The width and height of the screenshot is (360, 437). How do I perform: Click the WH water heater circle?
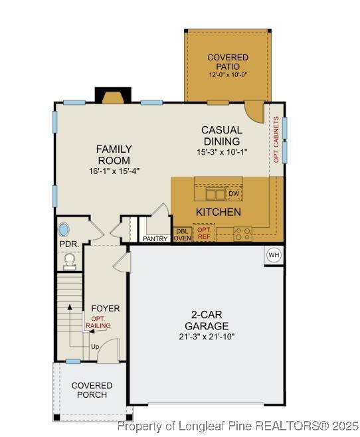click(x=274, y=255)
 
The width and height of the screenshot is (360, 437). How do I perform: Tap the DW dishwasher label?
click(x=234, y=193)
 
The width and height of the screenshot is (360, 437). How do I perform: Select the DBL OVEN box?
click(x=183, y=234)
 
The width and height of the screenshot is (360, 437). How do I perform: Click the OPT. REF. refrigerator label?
click(x=204, y=233)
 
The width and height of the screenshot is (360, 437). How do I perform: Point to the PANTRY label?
click(x=155, y=239)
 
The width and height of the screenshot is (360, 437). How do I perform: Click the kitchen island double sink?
click(x=215, y=194)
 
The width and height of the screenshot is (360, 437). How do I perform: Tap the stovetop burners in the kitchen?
click(x=242, y=234)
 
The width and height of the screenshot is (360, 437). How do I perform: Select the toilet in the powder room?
click(x=69, y=262)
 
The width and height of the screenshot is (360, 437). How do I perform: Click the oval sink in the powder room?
click(x=64, y=230)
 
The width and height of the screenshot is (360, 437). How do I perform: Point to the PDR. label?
click(x=69, y=244)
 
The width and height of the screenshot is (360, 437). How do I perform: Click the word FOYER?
click(x=106, y=309)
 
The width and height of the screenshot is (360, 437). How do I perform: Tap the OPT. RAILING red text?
click(x=98, y=322)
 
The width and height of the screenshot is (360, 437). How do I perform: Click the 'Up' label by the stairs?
click(x=95, y=347)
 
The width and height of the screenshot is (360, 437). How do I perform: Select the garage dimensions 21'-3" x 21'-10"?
click(x=207, y=337)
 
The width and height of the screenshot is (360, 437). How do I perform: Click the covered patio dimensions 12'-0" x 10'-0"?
click(x=228, y=74)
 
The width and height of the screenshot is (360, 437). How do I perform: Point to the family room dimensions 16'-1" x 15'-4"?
click(x=114, y=171)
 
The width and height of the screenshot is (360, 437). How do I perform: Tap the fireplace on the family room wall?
click(x=113, y=96)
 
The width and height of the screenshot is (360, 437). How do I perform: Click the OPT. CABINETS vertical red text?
click(x=276, y=139)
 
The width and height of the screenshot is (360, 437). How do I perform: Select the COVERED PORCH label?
click(x=92, y=391)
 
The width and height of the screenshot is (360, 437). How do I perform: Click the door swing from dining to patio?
click(x=254, y=112)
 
